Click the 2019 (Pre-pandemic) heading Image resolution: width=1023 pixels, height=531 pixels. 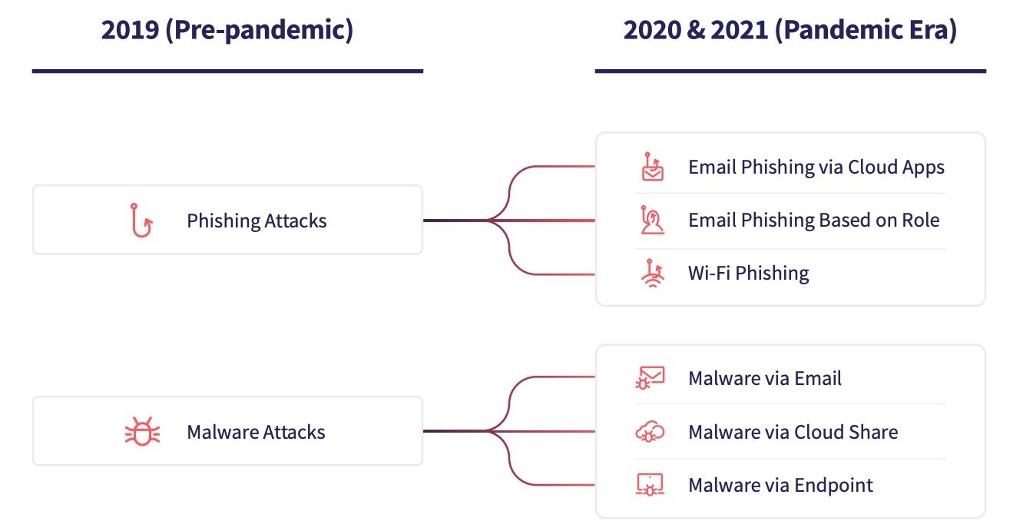coord(227,30)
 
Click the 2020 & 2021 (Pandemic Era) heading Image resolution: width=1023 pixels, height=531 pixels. coord(790,30)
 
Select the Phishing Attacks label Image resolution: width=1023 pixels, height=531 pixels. coord(257,221)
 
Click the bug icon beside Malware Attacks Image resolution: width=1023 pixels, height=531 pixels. coord(142,431)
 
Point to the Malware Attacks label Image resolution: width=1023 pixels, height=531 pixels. coord(257,432)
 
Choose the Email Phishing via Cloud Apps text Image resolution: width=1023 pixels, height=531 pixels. coord(816,168)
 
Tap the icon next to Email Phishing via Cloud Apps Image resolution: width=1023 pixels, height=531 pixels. coord(652,167)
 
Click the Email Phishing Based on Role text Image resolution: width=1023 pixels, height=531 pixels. coord(814,221)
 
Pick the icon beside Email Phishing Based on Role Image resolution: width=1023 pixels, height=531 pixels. coord(652,220)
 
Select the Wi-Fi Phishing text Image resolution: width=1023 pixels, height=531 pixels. coord(749,274)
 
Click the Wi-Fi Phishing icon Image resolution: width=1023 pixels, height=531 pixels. coord(653,274)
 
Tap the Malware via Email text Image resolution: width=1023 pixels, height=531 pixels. coord(764,378)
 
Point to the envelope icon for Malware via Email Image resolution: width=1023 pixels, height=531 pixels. coord(650,378)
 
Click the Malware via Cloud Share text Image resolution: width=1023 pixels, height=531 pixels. coord(793,432)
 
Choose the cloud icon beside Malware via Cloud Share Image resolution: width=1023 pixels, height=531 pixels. coord(650,432)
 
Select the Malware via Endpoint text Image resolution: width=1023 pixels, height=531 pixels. coord(780,486)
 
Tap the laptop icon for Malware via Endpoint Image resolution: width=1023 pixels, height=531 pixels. coord(650,485)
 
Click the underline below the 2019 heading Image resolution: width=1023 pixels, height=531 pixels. coord(227,71)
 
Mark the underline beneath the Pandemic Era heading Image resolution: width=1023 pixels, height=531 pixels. coord(790,71)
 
